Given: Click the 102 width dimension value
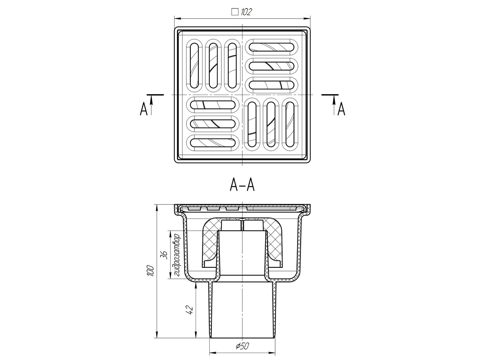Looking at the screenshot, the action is (246, 12).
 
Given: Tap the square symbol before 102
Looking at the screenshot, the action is (235, 12).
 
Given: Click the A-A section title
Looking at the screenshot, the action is (242, 185).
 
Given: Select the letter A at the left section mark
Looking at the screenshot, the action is (143, 109).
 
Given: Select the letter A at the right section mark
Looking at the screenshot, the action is (342, 109).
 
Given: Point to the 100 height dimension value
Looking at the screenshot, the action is (151, 270).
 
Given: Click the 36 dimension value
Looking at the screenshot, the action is (165, 255).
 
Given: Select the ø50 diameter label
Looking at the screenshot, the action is (242, 340).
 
